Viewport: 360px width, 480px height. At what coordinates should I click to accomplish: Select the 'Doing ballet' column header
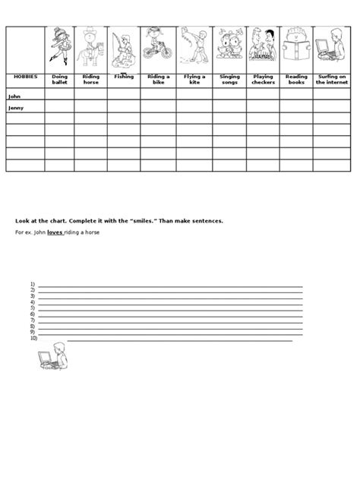(59, 80)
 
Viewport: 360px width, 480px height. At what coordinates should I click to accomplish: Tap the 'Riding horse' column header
(90, 80)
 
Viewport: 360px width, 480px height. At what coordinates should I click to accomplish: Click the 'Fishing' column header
(123, 77)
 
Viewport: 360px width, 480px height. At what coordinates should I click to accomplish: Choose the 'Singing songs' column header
(229, 80)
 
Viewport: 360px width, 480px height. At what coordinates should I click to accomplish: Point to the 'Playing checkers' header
(263, 80)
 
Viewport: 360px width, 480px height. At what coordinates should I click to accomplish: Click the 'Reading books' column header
(296, 80)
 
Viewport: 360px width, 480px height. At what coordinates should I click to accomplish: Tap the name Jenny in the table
(16, 108)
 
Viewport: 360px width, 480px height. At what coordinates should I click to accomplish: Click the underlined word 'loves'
(55, 232)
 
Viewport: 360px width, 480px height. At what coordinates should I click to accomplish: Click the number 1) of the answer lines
(33, 285)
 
